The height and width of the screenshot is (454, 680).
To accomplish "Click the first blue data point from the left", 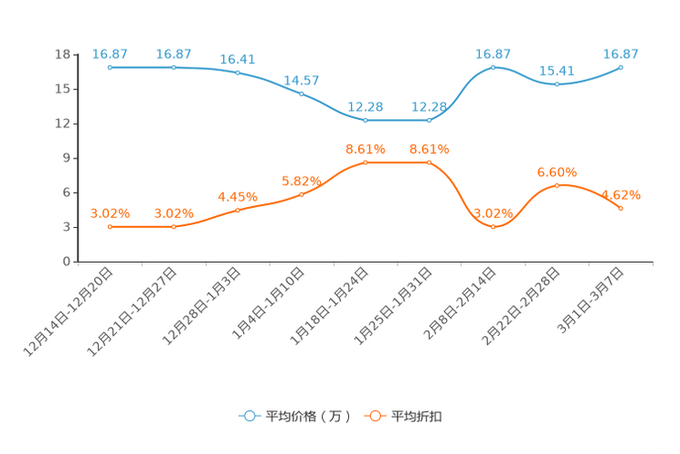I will (x=110, y=67).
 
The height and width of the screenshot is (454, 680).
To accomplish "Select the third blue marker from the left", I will (x=238, y=71).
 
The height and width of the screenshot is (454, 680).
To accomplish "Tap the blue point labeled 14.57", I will (x=302, y=93).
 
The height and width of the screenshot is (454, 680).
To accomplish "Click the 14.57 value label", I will (x=302, y=81).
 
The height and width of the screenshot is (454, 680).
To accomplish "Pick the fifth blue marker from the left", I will (x=366, y=120).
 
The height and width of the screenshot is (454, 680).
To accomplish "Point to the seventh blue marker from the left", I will (x=494, y=67).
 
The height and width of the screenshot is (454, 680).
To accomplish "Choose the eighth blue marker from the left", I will (x=558, y=84).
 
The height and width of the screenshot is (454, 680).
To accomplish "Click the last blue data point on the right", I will (x=622, y=67).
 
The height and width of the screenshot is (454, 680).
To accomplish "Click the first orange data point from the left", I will (x=110, y=226).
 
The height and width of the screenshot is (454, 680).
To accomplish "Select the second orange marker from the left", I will (x=174, y=226).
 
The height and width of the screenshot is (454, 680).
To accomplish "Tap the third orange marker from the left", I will (x=238, y=210).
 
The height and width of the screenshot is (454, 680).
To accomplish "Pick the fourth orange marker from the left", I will (x=302, y=193).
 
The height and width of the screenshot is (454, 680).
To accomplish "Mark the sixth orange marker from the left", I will (x=430, y=162).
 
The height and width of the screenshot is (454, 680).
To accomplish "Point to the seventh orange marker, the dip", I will (x=494, y=226).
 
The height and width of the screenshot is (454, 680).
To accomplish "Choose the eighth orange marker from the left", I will (x=558, y=185).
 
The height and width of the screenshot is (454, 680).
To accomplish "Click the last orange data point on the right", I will (x=622, y=209).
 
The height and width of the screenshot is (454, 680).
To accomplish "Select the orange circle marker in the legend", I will (x=374, y=416).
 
